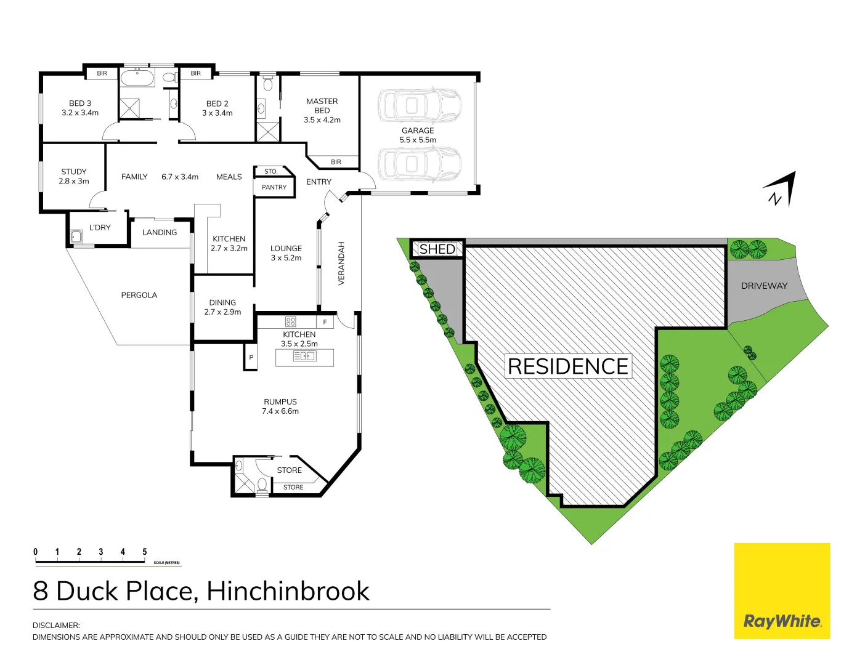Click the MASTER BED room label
pos(322,110)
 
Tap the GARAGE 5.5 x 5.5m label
pos(418,135)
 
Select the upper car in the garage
pos(419,106)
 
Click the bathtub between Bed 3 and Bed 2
pos(137,78)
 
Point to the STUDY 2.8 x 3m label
pos(74,176)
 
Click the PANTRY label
pos(274,187)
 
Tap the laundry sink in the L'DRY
pos(76,236)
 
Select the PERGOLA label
pos(139,295)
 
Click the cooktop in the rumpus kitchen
pos(291,321)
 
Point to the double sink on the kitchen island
pos(305,356)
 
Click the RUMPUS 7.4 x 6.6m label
pos(280,406)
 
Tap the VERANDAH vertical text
pos(341,263)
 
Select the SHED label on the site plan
pos(437,249)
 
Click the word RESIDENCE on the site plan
pos(567,366)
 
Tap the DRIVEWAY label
pos(764,286)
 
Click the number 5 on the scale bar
pos(145,552)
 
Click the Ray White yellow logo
pos(782,590)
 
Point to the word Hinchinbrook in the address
pos(288,591)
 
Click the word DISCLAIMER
pos(56,625)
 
